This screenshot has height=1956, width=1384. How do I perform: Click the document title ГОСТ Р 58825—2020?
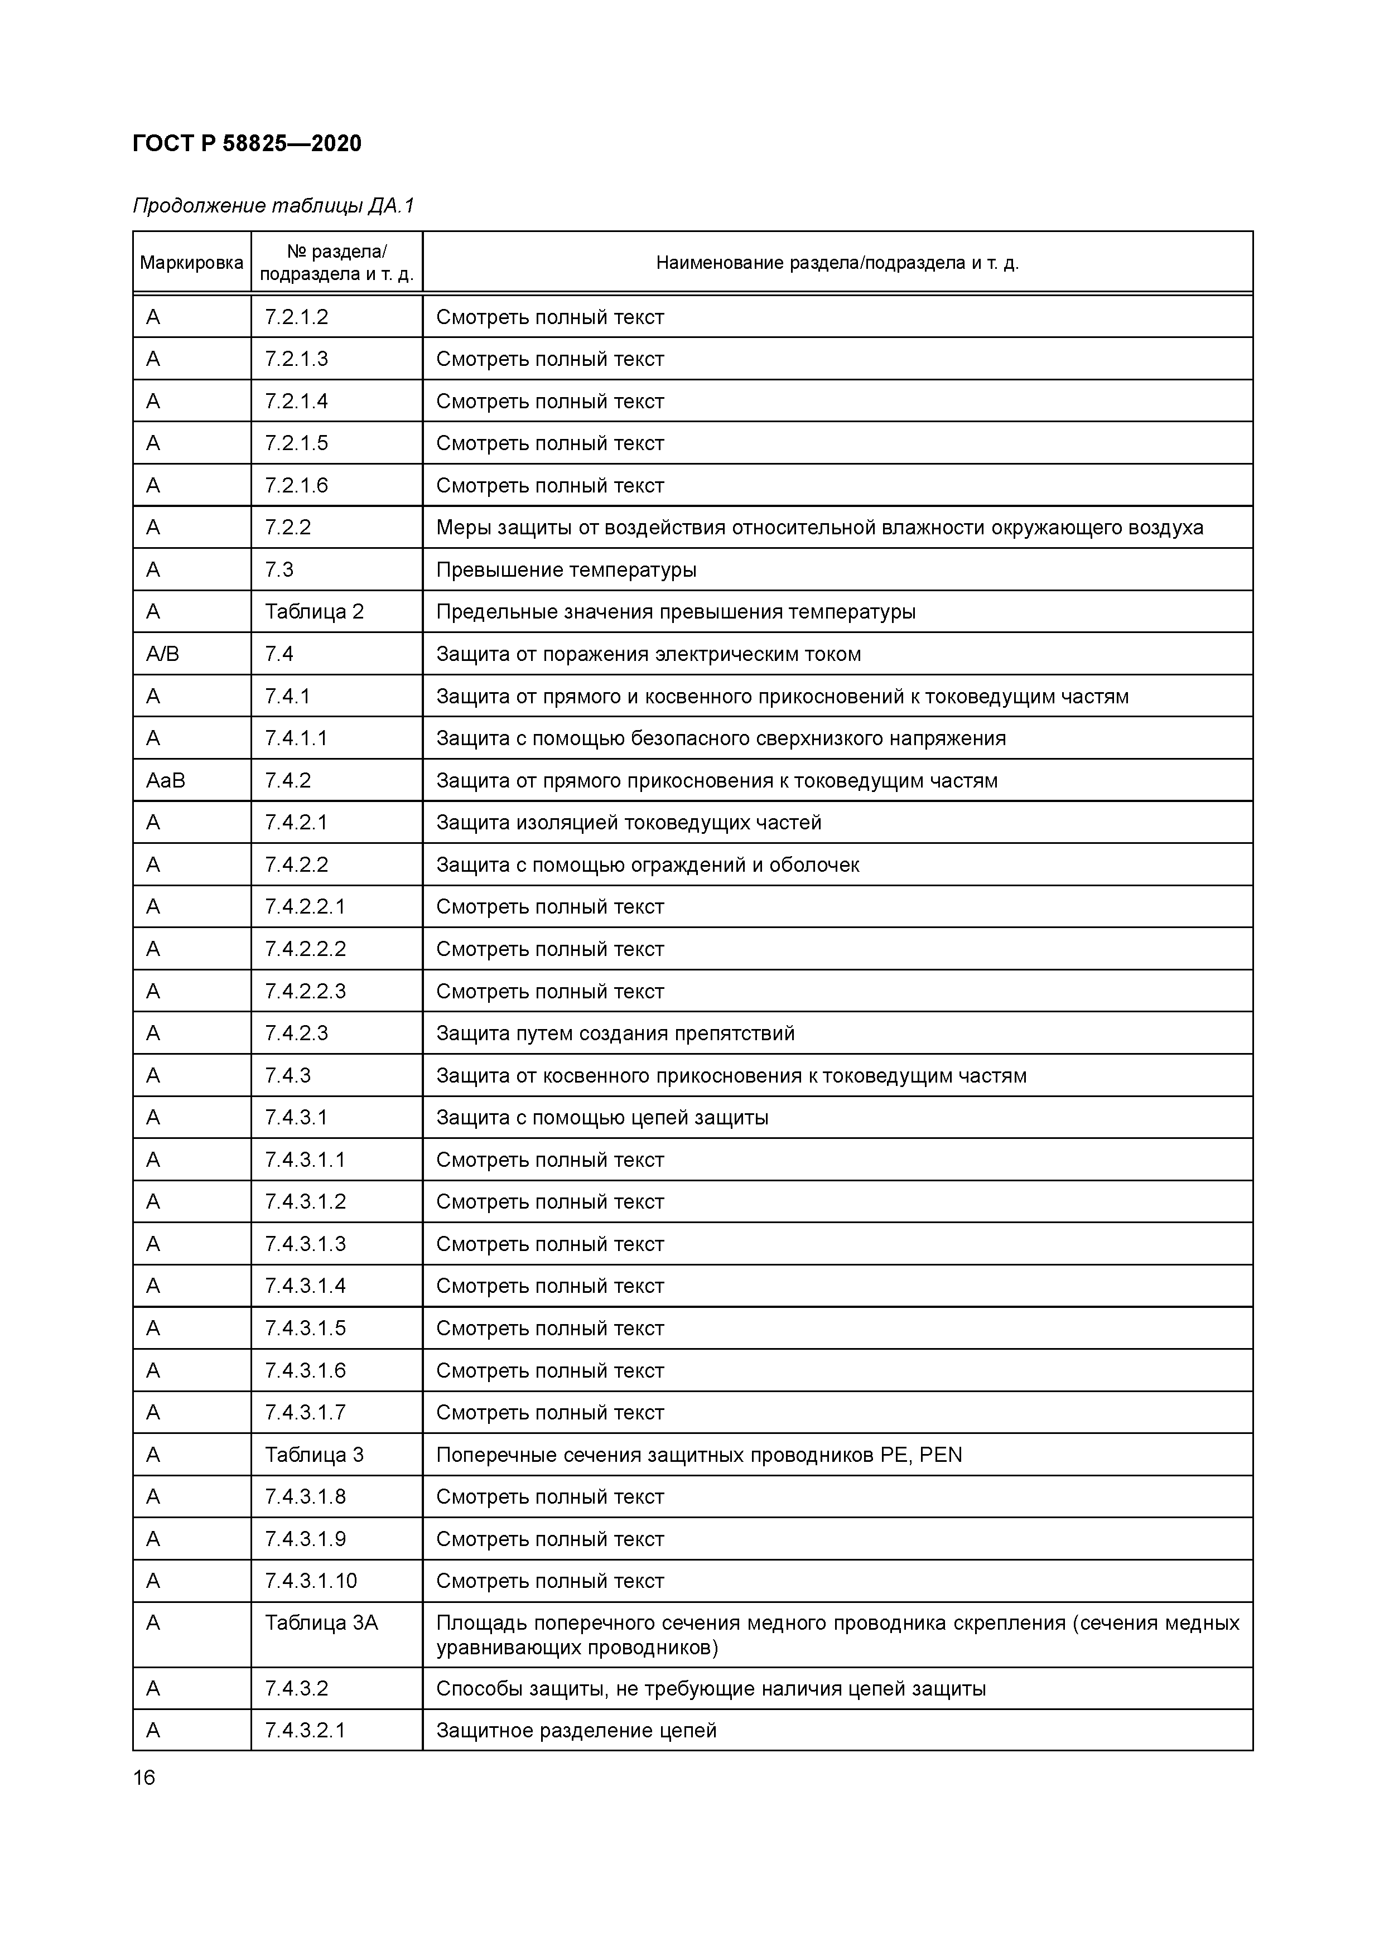point(247,143)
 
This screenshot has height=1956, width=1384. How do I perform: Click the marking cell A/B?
point(163,654)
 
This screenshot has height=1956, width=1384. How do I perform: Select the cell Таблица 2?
point(314,612)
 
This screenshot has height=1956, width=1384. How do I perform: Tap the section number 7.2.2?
point(287,527)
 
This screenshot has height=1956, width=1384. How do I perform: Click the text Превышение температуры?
point(566,570)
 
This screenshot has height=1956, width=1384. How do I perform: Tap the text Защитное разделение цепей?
point(576,1730)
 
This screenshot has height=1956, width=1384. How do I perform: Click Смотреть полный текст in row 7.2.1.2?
point(549,317)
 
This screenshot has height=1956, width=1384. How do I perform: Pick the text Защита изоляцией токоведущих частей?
point(628,823)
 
